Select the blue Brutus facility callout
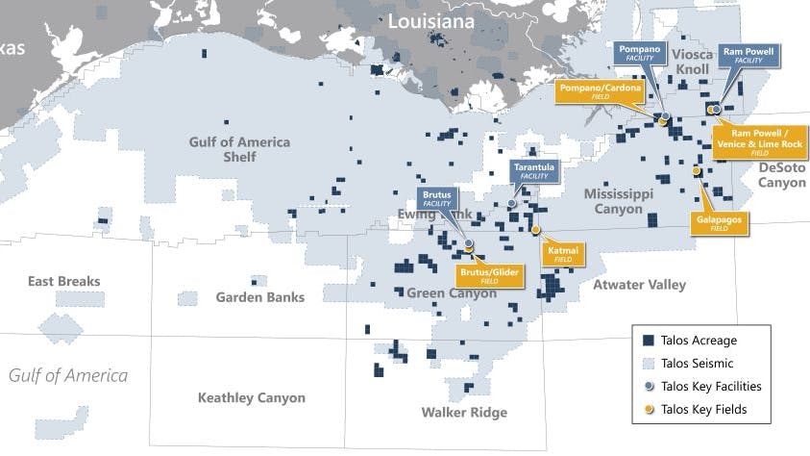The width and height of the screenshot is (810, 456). (x=436, y=199)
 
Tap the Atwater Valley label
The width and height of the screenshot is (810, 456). (x=639, y=284)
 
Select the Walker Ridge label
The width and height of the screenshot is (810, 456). (x=464, y=413)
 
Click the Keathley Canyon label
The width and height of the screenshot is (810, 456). (x=251, y=397)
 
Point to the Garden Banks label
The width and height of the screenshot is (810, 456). (x=259, y=297)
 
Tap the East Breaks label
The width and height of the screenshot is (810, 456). (x=64, y=281)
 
